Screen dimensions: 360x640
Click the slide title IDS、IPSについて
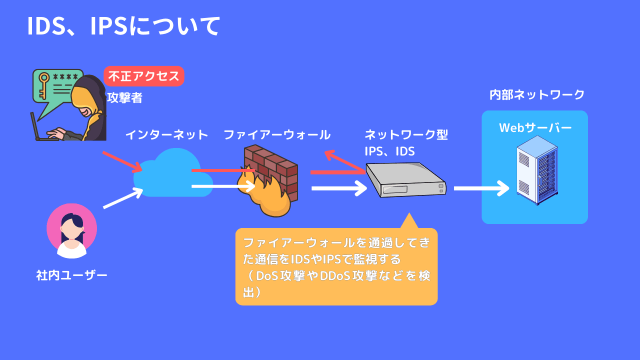(x=123, y=26)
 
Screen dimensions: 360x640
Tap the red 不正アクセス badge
(x=144, y=76)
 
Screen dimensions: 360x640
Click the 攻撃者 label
(x=124, y=98)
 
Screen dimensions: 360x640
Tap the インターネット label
(x=166, y=134)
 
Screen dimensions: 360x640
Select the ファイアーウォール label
(x=276, y=134)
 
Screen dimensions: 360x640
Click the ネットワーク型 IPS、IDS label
(x=406, y=142)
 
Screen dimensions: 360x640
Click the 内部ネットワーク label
(x=537, y=94)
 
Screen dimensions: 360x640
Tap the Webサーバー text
(x=535, y=128)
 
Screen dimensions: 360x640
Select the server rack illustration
(x=537, y=170)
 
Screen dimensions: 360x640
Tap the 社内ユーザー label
(x=71, y=275)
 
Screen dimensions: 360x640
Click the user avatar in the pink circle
(x=71, y=230)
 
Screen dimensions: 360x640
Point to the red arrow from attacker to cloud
(x=122, y=160)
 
